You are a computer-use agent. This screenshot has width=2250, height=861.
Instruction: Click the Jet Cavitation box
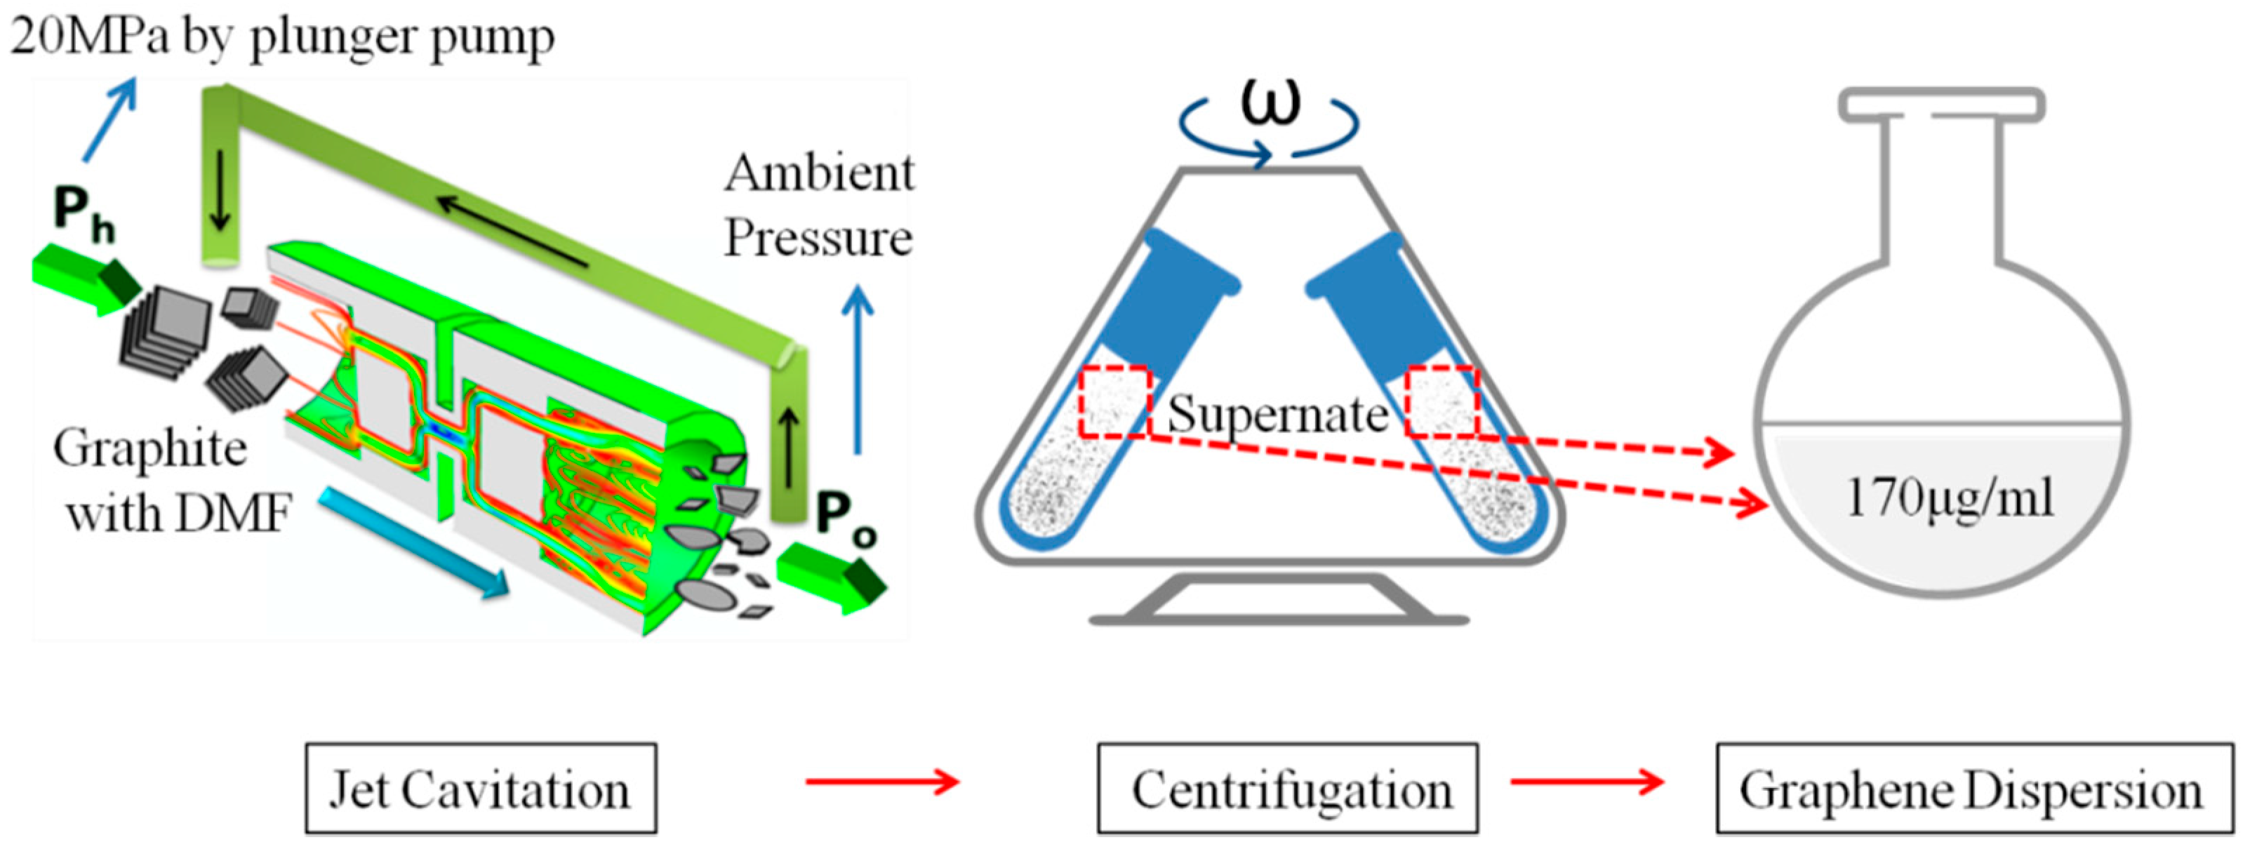tap(481, 789)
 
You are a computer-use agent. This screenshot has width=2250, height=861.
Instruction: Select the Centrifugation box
tap(1287, 789)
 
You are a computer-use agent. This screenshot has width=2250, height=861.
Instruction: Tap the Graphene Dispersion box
tap(1974, 789)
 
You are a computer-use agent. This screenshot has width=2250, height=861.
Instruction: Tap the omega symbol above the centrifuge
tap(1271, 100)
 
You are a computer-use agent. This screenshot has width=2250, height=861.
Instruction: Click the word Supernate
tap(1277, 413)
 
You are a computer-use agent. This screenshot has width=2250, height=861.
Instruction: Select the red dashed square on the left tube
tap(1114, 401)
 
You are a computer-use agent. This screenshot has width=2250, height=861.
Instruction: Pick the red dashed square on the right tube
tap(1442, 401)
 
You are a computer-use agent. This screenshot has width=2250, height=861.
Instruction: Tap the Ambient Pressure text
tap(818, 205)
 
